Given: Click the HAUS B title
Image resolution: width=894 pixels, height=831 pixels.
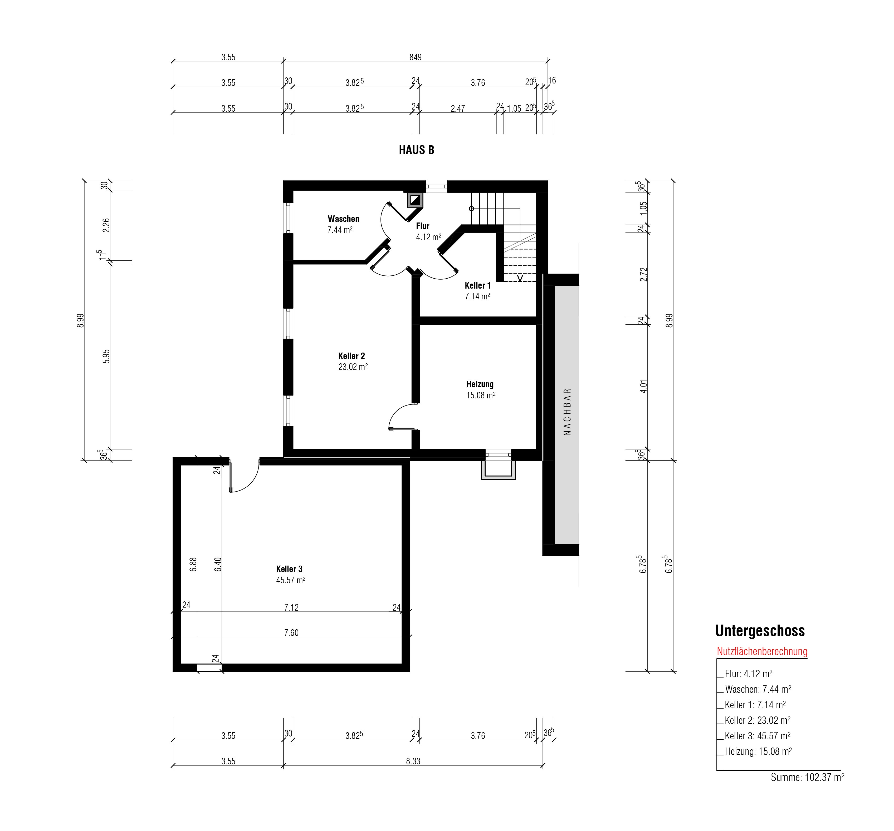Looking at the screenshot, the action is [x=416, y=150].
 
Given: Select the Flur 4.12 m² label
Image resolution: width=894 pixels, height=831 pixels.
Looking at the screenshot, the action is [x=428, y=231].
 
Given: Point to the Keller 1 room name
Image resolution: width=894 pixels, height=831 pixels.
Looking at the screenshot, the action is [x=478, y=285].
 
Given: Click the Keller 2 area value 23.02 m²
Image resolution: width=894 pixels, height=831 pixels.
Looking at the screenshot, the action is [x=353, y=367].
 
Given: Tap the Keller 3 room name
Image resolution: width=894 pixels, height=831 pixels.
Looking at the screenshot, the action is [x=289, y=569].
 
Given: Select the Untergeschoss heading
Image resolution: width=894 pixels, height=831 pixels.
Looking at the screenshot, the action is [x=760, y=631].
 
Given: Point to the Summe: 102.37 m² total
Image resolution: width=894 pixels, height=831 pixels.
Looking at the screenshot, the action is [x=807, y=777].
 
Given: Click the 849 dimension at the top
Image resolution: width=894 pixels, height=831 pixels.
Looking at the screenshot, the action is [x=416, y=57].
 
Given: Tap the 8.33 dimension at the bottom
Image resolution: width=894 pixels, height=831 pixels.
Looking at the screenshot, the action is [x=413, y=761].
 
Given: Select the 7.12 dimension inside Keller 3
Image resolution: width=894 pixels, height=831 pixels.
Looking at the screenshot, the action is [x=291, y=607].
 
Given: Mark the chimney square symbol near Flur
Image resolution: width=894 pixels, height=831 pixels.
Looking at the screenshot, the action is [x=415, y=200].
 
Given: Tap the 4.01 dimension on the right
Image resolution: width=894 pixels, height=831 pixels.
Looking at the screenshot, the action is [x=643, y=387].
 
